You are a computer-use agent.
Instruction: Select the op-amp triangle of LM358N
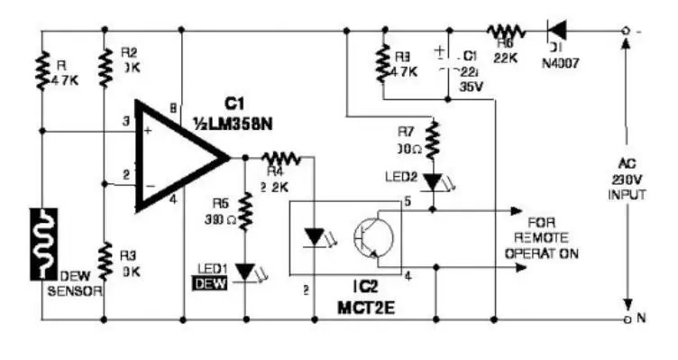(x=177, y=156)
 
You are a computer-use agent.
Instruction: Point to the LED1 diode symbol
(x=245, y=270)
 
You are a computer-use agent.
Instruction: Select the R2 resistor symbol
(x=106, y=67)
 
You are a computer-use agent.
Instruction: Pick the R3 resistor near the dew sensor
(x=106, y=262)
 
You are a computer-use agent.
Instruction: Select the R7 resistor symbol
(x=434, y=140)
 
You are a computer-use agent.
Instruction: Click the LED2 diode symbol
(x=434, y=182)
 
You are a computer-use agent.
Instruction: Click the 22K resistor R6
(x=502, y=31)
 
